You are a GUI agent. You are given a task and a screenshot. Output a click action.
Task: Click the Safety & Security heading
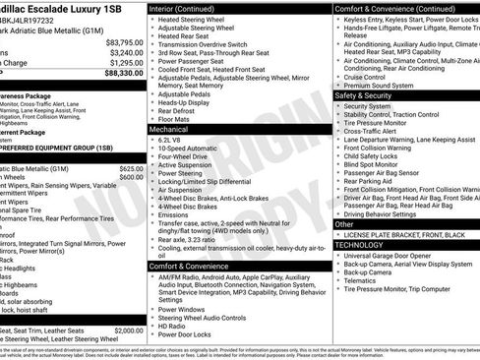[x=363, y=95]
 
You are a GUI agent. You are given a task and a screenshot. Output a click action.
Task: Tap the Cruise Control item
[x=364, y=77]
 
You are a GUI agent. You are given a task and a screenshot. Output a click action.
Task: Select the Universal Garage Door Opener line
[x=391, y=255]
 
